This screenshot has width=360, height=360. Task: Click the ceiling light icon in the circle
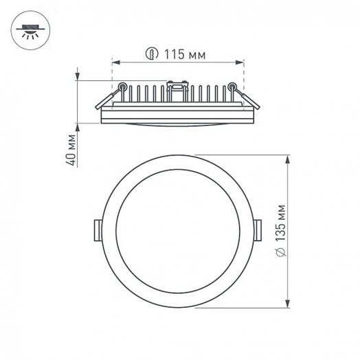point(27,32)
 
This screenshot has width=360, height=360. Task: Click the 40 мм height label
point(72,149)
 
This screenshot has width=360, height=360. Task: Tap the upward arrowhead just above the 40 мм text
point(78,128)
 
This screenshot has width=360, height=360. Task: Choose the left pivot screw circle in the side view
point(122,87)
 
